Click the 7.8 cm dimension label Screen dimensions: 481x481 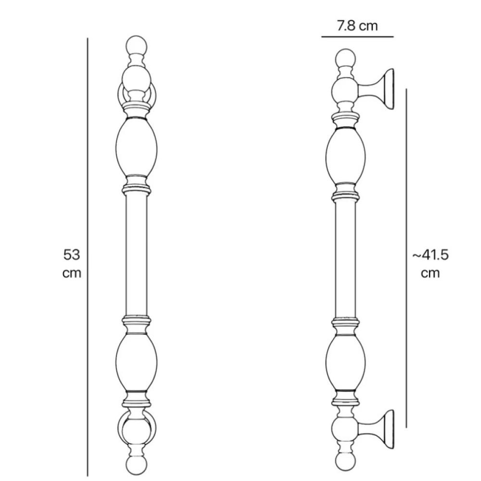(x=357, y=26)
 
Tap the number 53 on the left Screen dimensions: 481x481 (x=72, y=254)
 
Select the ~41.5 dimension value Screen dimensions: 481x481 (x=430, y=254)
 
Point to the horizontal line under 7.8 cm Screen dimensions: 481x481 (x=357, y=37)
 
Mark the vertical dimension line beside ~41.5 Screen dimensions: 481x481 (x=406, y=258)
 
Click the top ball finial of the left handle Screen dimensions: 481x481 (x=137, y=46)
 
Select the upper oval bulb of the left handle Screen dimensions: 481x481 (x=137, y=147)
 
